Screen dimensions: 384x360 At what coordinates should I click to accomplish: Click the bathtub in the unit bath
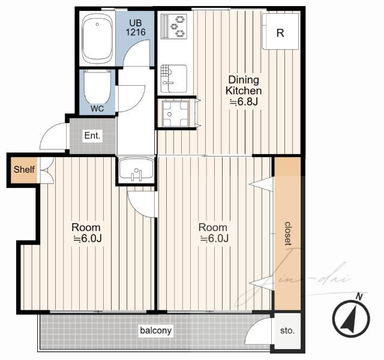point(97,38)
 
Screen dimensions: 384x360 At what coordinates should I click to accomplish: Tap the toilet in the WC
point(97,87)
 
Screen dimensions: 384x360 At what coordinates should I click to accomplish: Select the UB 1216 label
point(136,28)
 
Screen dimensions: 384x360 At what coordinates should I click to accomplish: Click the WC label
point(97,109)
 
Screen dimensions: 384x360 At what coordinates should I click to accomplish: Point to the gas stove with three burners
point(174,26)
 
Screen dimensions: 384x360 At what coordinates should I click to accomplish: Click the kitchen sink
point(174,79)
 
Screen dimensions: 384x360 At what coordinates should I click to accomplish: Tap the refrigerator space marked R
point(281,31)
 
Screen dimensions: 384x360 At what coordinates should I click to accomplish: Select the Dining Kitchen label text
point(244,85)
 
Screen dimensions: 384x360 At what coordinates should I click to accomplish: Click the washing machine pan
point(175,113)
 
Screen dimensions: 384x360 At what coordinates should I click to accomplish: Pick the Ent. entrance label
point(92,135)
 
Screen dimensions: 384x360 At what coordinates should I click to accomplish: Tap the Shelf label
point(24,169)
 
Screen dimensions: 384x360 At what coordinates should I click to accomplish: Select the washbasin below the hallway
point(136,169)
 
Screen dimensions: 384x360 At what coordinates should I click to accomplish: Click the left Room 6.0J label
point(86,233)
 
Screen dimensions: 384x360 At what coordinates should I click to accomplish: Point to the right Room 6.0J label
point(213,233)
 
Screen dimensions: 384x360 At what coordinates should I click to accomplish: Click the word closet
point(288,233)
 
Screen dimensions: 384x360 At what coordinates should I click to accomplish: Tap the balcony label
point(156,331)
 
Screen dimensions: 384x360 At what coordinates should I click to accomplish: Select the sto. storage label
point(287,331)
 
